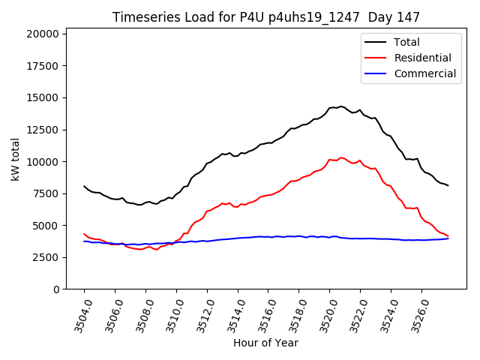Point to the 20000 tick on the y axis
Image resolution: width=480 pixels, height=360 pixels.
(x=42, y=34)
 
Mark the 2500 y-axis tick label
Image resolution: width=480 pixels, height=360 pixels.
(x=45, y=257)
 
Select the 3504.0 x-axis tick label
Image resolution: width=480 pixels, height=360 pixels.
(x=79, y=314)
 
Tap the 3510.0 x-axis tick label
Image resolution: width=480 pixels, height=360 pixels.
(x=171, y=314)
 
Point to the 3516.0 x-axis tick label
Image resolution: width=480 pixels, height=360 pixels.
(x=263, y=314)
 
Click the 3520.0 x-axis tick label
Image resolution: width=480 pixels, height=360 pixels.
(x=324, y=314)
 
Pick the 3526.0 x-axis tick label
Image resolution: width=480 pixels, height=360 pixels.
(x=416, y=314)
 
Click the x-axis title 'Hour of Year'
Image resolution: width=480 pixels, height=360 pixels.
(x=266, y=343)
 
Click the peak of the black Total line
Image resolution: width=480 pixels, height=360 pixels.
(x=340, y=106)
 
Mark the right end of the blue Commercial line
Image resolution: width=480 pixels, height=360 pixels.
(x=448, y=238)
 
